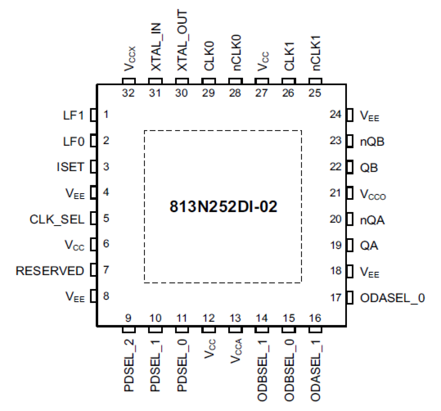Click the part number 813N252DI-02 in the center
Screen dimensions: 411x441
click(x=223, y=207)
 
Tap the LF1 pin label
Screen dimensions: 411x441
click(x=73, y=115)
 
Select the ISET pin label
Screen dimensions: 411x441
click(x=71, y=167)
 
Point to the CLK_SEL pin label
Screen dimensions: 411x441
click(x=57, y=220)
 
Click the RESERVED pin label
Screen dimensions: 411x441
click(x=50, y=271)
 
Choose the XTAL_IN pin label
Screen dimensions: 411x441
click(x=156, y=47)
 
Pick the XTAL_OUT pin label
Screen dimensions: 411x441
click(x=182, y=40)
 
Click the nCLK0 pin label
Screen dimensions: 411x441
click(x=236, y=52)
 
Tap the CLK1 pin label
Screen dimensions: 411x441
click(x=289, y=56)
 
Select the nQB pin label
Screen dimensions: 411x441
click(x=372, y=142)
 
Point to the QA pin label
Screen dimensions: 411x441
click(x=369, y=246)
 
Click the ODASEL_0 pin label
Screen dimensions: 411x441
click(x=392, y=298)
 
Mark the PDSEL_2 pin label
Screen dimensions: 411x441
click(x=129, y=365)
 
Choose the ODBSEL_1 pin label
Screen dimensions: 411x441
click(x=262, y=371)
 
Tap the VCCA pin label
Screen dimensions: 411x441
click(x=236, y=351)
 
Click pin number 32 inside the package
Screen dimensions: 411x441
click(x=128, y=93)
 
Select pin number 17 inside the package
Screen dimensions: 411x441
click(x=336, y=298)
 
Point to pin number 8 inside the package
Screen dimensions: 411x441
click(x=106, y=296)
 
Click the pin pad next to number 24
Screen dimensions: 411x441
click(x=350, y=115)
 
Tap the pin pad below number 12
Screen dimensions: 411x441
click(x=209, y=330)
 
